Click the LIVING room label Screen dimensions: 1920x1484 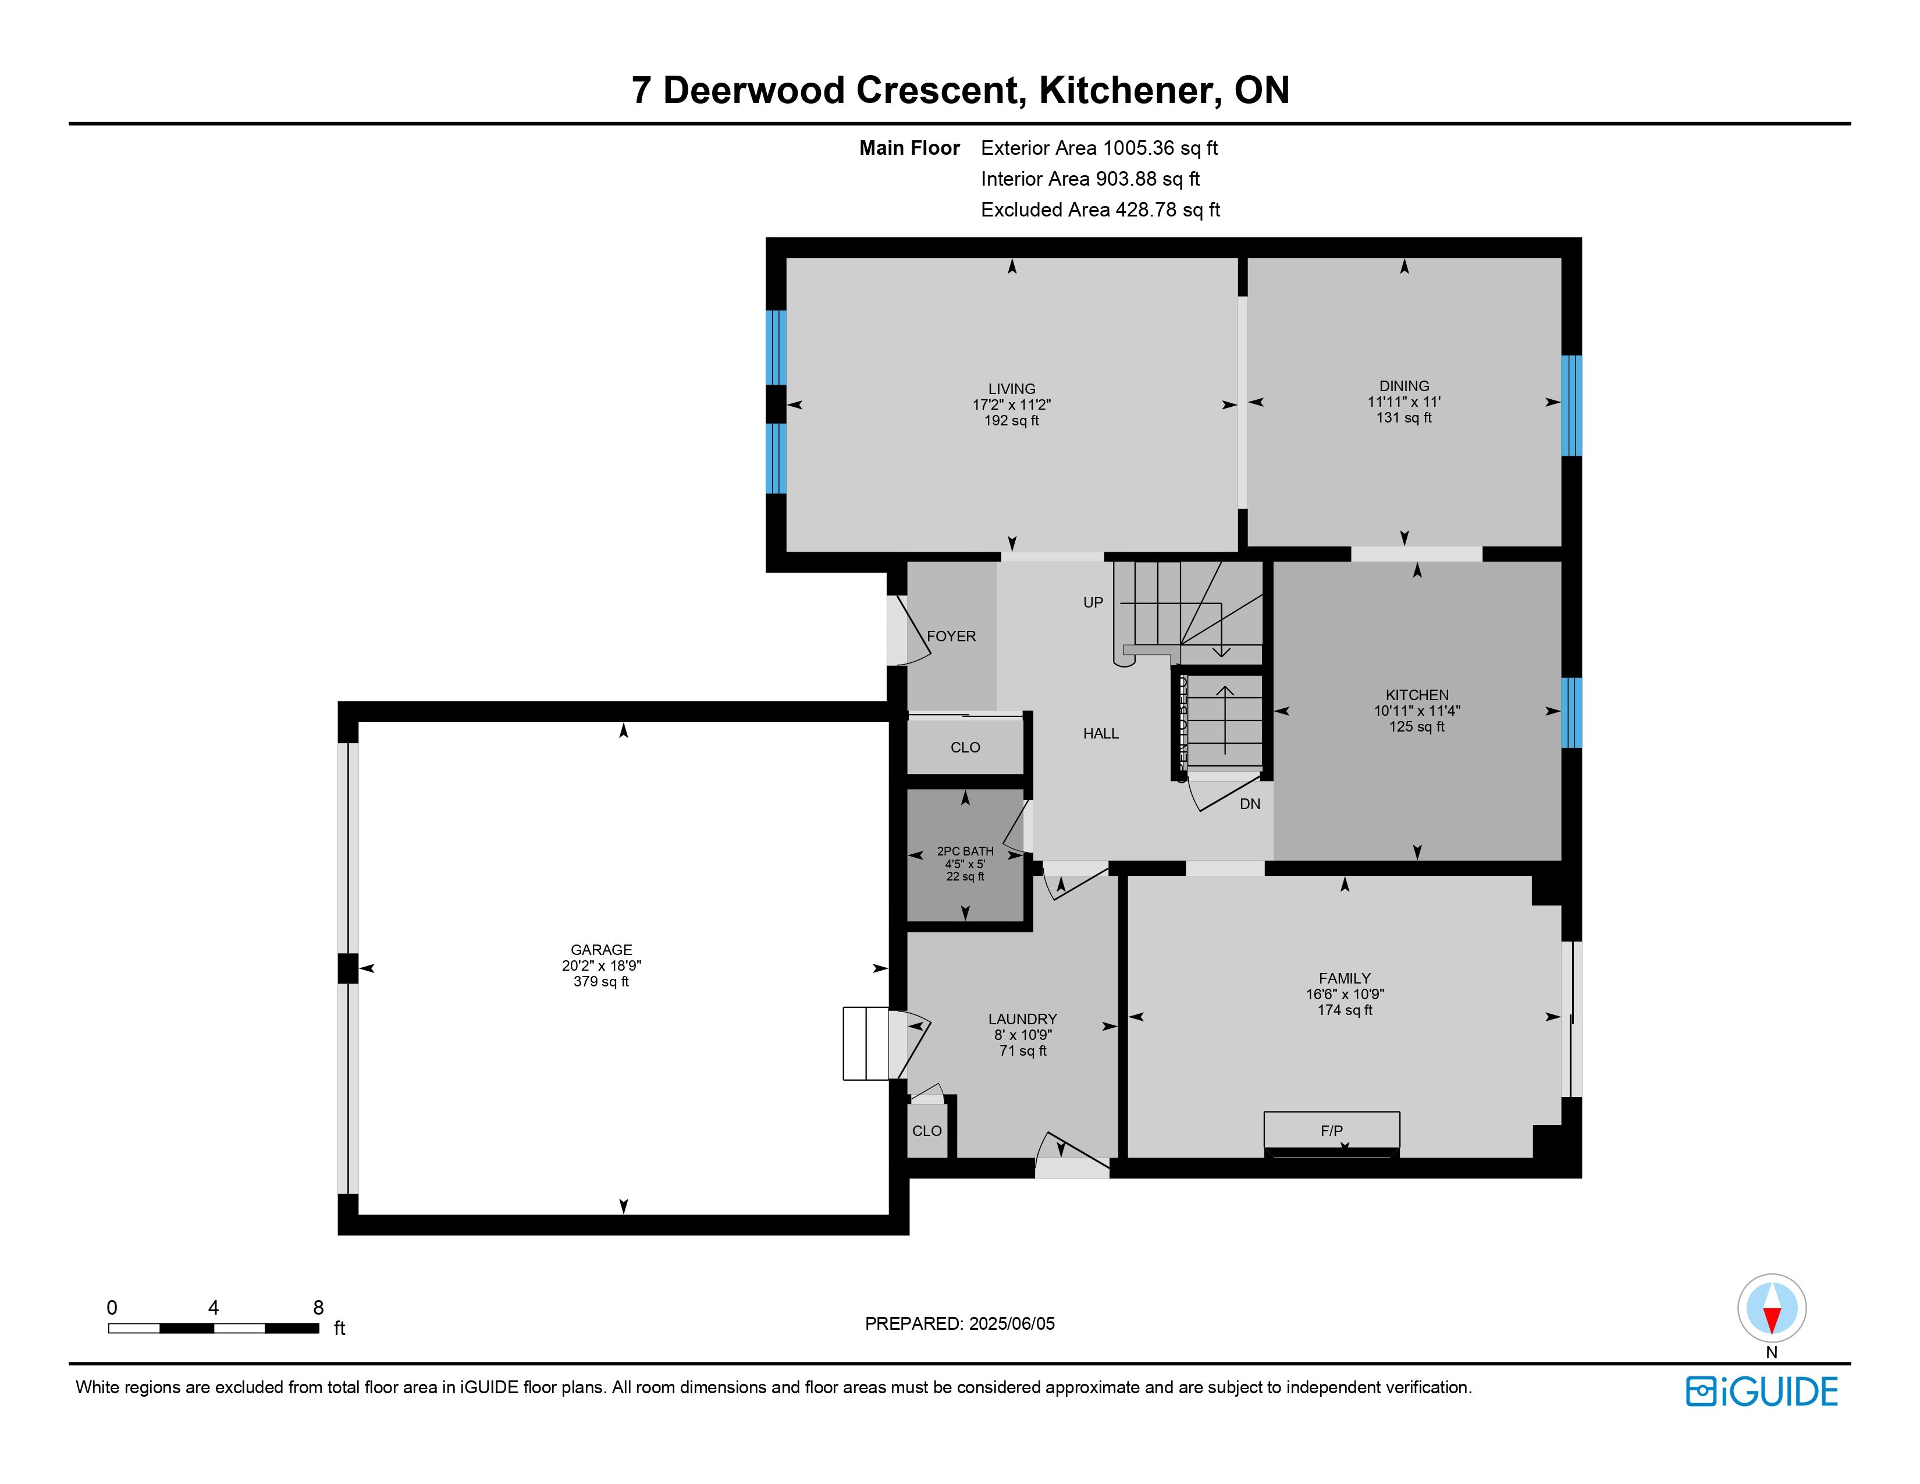(1011, 389)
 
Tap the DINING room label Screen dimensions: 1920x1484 (1404, 386)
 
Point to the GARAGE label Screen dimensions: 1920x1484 (602, 950)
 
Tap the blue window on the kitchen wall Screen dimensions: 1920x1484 (1571, 712)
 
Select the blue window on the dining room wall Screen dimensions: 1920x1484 (1571, 405)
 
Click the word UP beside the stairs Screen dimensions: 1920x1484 (1093, 602)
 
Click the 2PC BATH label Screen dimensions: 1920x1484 (965, 851)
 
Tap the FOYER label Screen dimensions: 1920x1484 (951, 636)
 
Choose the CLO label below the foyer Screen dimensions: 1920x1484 (965, 747)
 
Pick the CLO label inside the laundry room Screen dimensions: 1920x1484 (927, 1131)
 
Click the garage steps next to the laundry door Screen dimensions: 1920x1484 (866, 1043)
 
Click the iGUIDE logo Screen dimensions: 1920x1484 (1762, 1391)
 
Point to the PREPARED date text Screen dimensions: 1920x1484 (960, 1323)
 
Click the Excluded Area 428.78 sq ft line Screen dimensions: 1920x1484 (1101, 210)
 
